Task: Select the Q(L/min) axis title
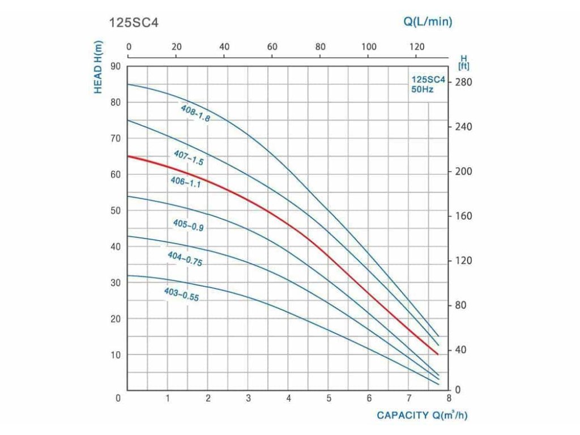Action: coord(428,22)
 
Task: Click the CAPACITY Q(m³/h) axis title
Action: coord(423,415)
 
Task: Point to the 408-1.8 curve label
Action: coord(195,113)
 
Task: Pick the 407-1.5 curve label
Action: coord(188,157)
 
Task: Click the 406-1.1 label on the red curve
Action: coord(186,182)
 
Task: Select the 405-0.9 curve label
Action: coord(188,225)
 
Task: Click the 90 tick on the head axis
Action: coord(116,66)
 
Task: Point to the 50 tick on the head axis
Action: coord(116,211)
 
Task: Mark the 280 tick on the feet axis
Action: coord(463,83)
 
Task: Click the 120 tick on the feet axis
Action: coord(463,261)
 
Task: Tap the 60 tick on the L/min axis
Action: coord(272,46)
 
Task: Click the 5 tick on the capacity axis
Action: coord(329,398)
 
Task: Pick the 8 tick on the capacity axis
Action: coord(449,398)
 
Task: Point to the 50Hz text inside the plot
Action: coord(422,89)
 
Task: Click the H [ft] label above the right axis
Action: coord(463,62)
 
